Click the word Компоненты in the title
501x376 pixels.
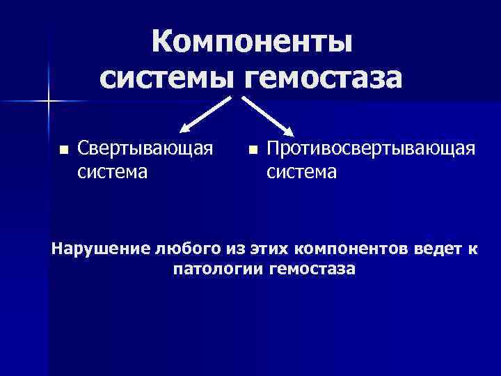click(252, 42)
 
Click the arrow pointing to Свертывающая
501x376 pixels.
click(205, 113)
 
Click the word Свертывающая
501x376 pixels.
click(145, 148)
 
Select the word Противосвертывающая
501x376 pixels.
click(371, 148)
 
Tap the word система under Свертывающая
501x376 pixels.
click(112, 171)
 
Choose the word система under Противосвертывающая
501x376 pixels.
click(302, 171)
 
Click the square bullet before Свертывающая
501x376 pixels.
click(63, 149)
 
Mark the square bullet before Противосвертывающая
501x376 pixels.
click(253, 149)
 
